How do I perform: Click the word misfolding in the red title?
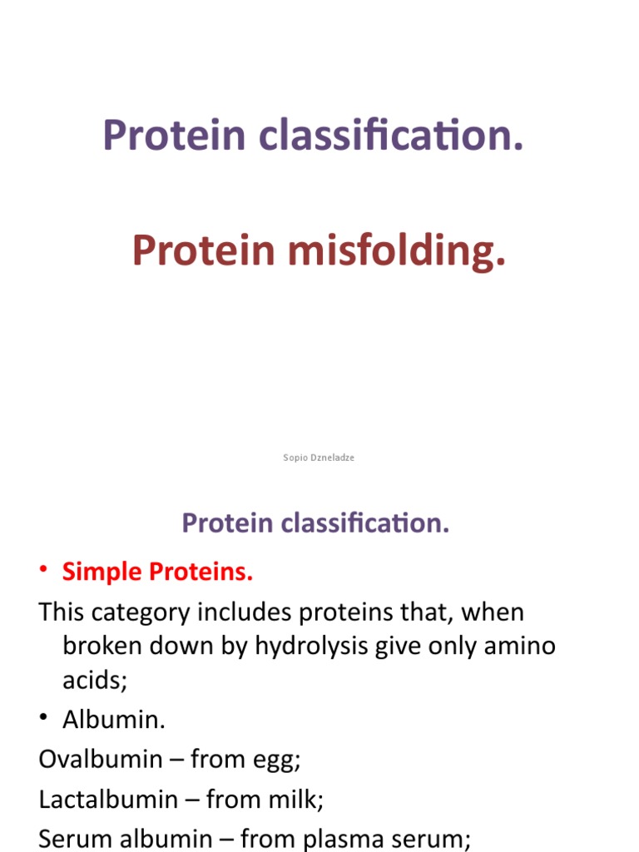(397, 251)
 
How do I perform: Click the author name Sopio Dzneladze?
(319, 458)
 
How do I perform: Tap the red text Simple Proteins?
(157, 572)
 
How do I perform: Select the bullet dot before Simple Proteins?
(45, 572)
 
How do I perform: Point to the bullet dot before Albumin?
(45, 720)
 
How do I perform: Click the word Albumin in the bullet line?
(114, 720)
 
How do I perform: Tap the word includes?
(250, 613)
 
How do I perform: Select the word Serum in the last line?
(75, 840)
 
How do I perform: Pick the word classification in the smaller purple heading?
(364, 523)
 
